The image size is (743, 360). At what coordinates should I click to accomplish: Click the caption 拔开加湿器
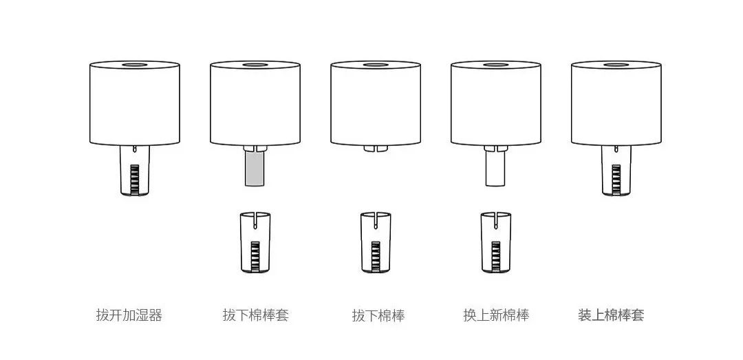pyautogui.click(x=129, y=315)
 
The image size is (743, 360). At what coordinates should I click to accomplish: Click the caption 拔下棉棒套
pyautogui.click(x=255, y=315)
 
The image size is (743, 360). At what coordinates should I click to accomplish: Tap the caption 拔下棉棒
pyautogui.click(x=378, y=315)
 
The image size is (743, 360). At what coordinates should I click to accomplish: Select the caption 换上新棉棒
pyautogui.click(x=496, y=315)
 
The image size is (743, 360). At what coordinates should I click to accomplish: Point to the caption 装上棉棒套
pyautogui.click(x=611, y=315)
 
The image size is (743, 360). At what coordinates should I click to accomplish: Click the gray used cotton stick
pyautogui.click(x=255, y=169)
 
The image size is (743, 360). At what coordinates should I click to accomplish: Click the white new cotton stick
pyautogui.click(x=496, y=169)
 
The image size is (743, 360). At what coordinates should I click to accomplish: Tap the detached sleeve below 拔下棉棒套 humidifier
pyautogui.click(x=255, y=242)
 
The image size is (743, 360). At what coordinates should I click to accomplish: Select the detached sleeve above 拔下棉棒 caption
pyautogui.click(x=376, y=242)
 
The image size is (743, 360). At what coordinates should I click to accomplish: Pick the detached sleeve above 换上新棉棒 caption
pyautogui.click(x=496, y=242)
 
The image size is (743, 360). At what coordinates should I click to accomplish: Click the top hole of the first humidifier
pyautogui.click(x=135, y=65)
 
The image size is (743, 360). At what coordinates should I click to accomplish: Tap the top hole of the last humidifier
pyautogui.click(x=616, y=65)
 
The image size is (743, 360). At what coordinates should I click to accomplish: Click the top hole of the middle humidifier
pyautogui.click(x=376, y=65)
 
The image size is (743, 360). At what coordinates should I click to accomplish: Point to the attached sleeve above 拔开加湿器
pyautogui.click(x=135, y=170)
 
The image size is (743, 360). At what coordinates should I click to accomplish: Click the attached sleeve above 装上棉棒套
pyautogui.click(x=616, y=170)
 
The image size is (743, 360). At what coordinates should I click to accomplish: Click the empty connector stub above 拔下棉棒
pyautogui.click(x=376, y=149)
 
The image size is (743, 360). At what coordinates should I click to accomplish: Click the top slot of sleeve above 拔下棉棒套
pyautogui.click(x=255, y=219)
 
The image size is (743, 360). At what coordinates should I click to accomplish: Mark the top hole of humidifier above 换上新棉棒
pyautogui.click(x=495, y=65)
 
